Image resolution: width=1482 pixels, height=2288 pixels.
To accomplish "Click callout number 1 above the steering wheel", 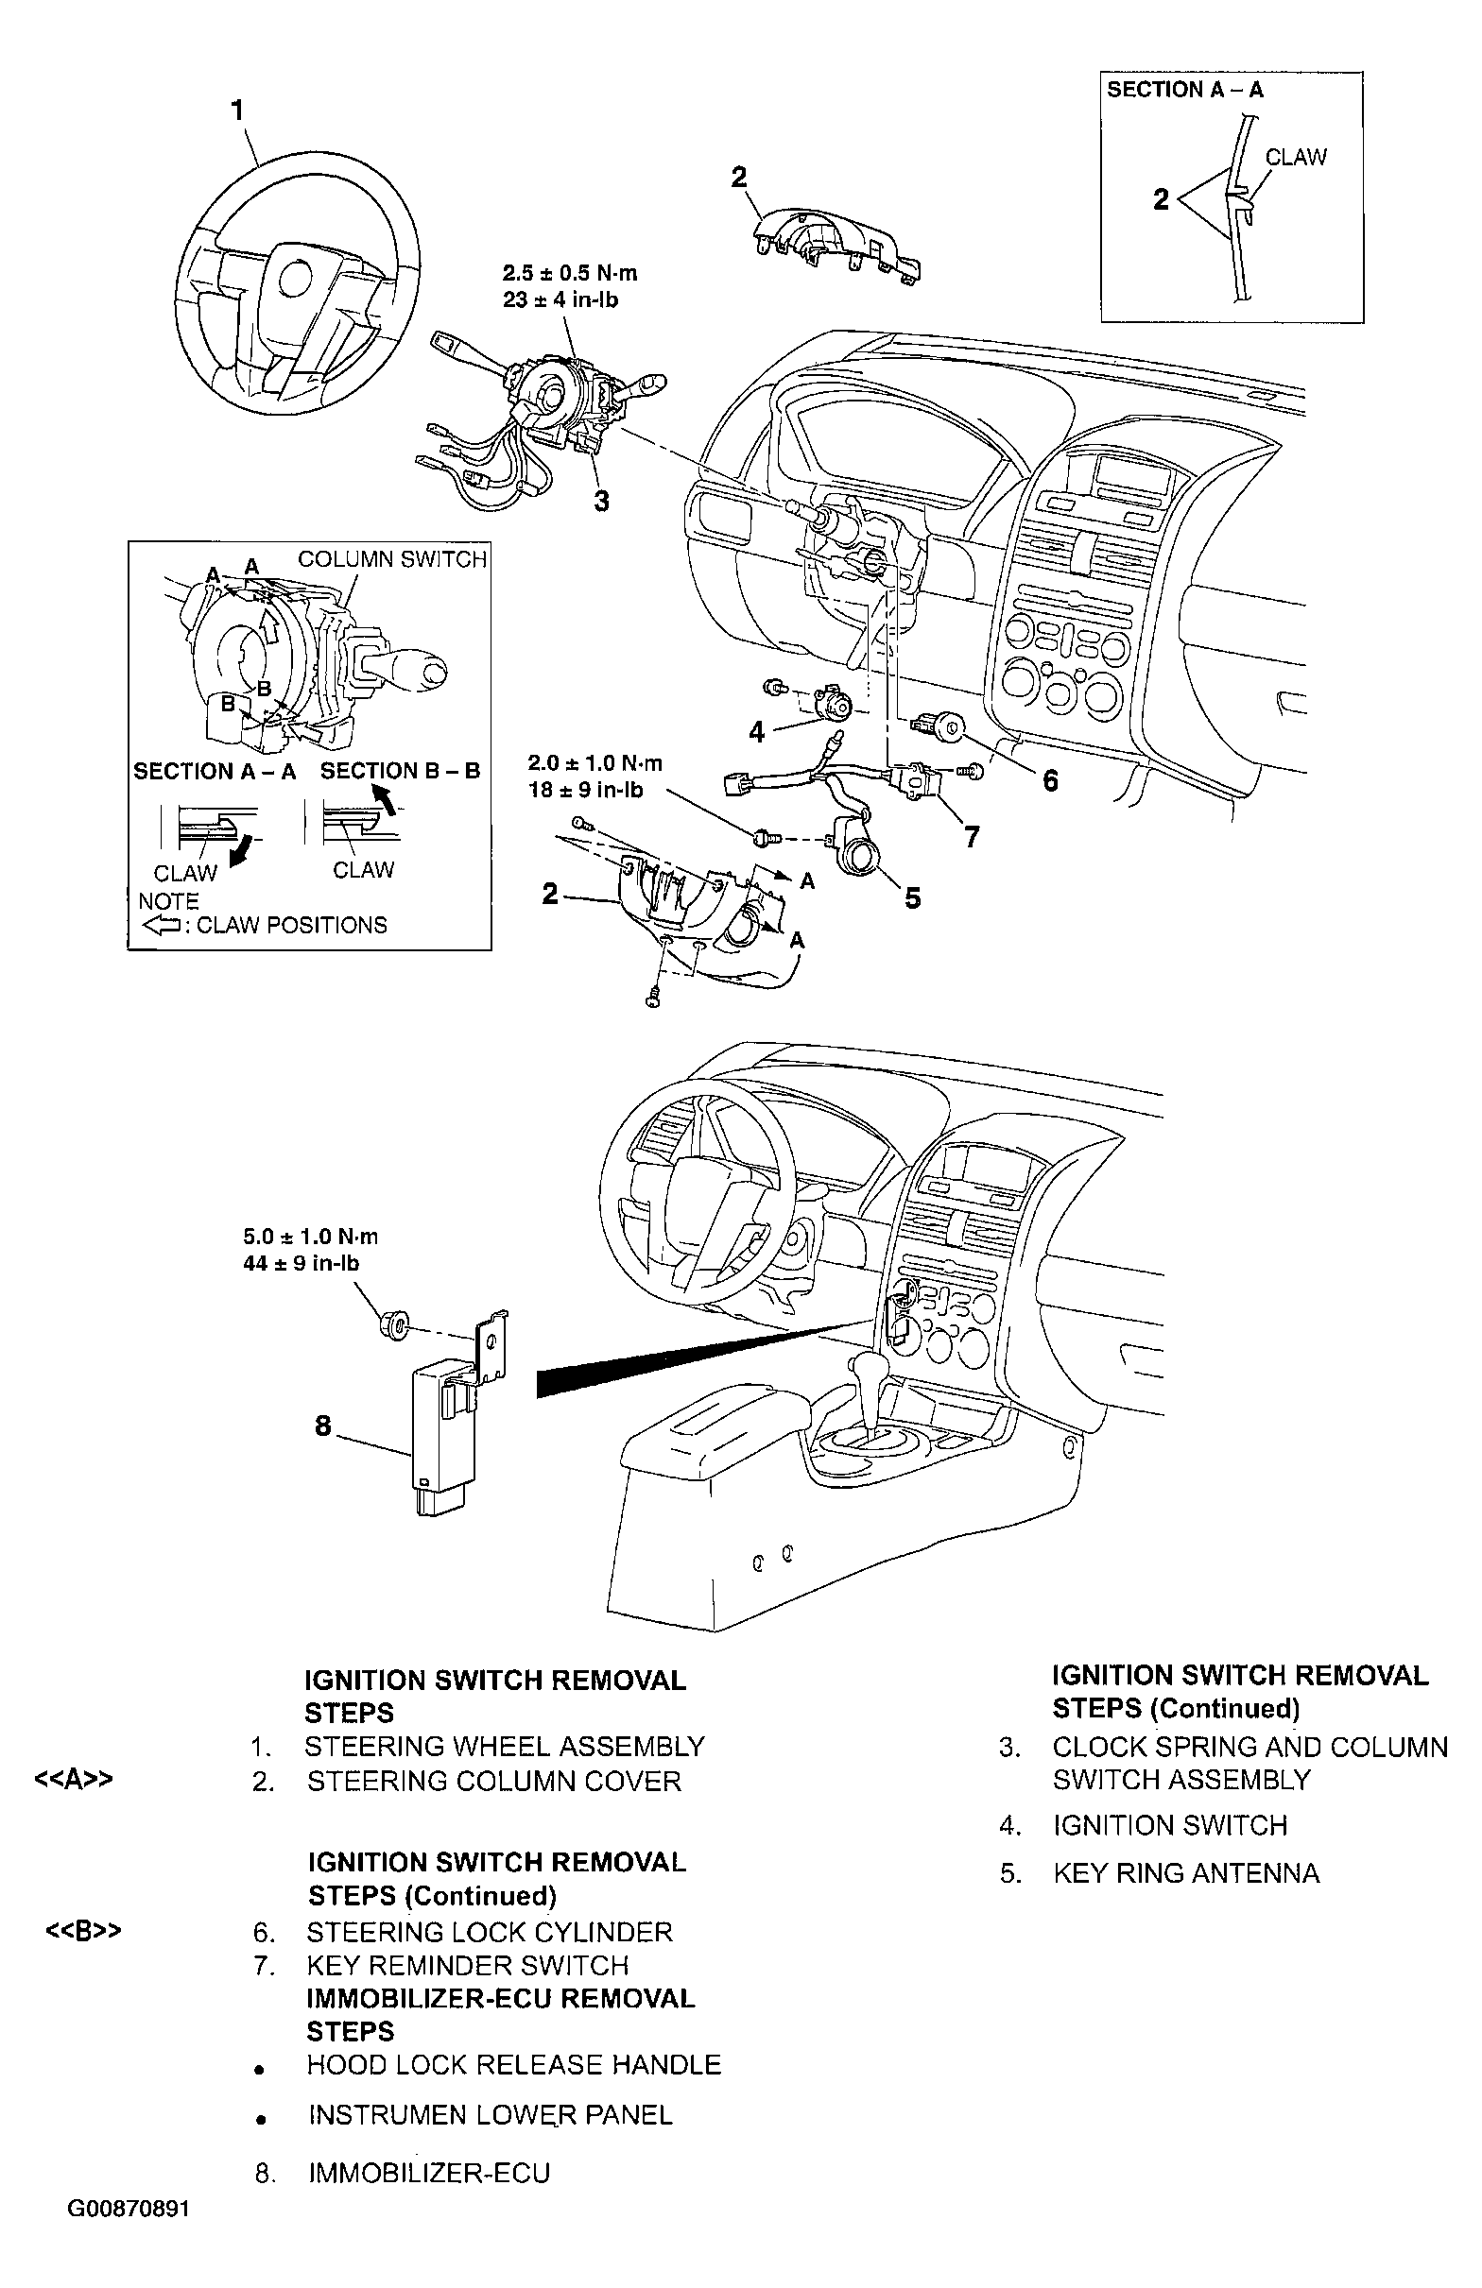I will [237, 111].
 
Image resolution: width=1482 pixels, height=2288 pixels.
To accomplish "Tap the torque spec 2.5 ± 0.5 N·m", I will [569, 274].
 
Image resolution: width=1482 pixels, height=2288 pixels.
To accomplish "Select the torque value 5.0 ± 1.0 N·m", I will [311, 1237].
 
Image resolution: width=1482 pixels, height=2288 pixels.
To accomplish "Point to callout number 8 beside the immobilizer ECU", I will [323, 1426].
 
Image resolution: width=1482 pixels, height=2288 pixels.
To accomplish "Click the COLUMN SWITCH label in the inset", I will [391, 559].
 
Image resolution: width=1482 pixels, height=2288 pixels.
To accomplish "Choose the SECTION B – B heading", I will [400, 771].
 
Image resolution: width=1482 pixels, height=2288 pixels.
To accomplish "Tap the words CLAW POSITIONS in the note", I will [291, 925].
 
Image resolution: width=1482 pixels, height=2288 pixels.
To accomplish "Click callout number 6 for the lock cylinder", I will [1050, 780].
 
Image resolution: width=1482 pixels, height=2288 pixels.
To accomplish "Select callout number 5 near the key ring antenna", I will [912, 897].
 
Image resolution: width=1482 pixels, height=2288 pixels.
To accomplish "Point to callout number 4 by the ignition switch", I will [757, 732].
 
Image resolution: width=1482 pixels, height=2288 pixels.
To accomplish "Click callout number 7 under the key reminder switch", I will [973, 837].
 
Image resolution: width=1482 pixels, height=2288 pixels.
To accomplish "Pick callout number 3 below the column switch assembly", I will [601, 501].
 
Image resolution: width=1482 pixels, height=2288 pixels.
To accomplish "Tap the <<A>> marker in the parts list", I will [74, 1780].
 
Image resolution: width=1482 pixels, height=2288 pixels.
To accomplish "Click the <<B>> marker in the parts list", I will [84, 1931].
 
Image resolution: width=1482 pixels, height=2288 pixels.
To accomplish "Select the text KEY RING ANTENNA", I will [1186, 1872].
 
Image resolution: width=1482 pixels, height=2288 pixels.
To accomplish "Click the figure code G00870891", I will [129, 2228].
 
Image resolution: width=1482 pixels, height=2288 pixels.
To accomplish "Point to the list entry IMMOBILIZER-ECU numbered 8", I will [429, 2173].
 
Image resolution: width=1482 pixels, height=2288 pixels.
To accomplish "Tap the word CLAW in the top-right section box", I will [1296, 157].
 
